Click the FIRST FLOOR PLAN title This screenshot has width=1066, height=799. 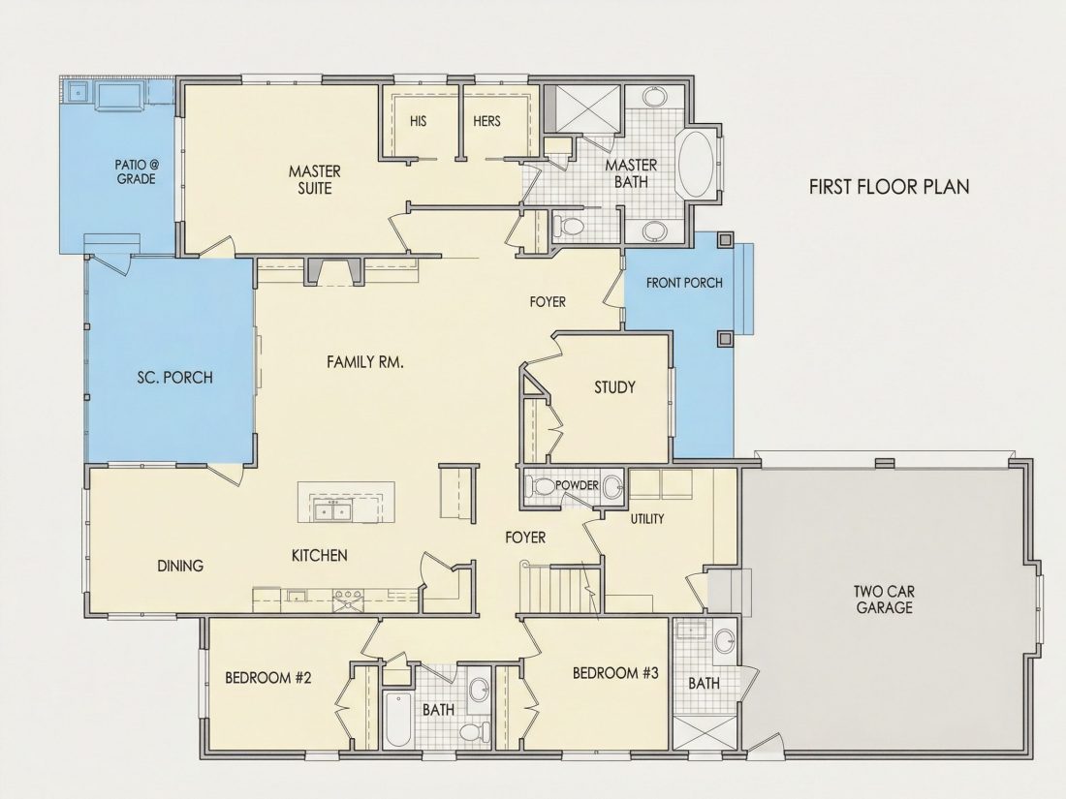[890, 186]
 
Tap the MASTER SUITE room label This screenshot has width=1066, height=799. [314, 179]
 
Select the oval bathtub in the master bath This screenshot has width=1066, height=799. [694, 163]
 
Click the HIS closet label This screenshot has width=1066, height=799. [418, 121]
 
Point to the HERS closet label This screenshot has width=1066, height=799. [486, 121]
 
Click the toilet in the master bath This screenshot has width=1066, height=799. [568, 227]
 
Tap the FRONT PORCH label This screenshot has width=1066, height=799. [684, 283]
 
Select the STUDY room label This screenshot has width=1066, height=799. [614, 387]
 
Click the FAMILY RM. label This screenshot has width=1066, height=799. [365, 362]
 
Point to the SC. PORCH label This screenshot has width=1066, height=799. [174, 377]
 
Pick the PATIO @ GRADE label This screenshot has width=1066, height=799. [136, 171]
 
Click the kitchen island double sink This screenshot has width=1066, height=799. [332, 509]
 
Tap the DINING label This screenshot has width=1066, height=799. [180, 566]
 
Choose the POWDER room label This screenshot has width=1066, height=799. [577, 485]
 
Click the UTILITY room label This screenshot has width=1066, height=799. [647, 519]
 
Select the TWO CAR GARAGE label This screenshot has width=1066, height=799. [884, 599]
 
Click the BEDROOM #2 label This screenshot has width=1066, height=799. [267, 677]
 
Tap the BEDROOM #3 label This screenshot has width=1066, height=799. [615, 673]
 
